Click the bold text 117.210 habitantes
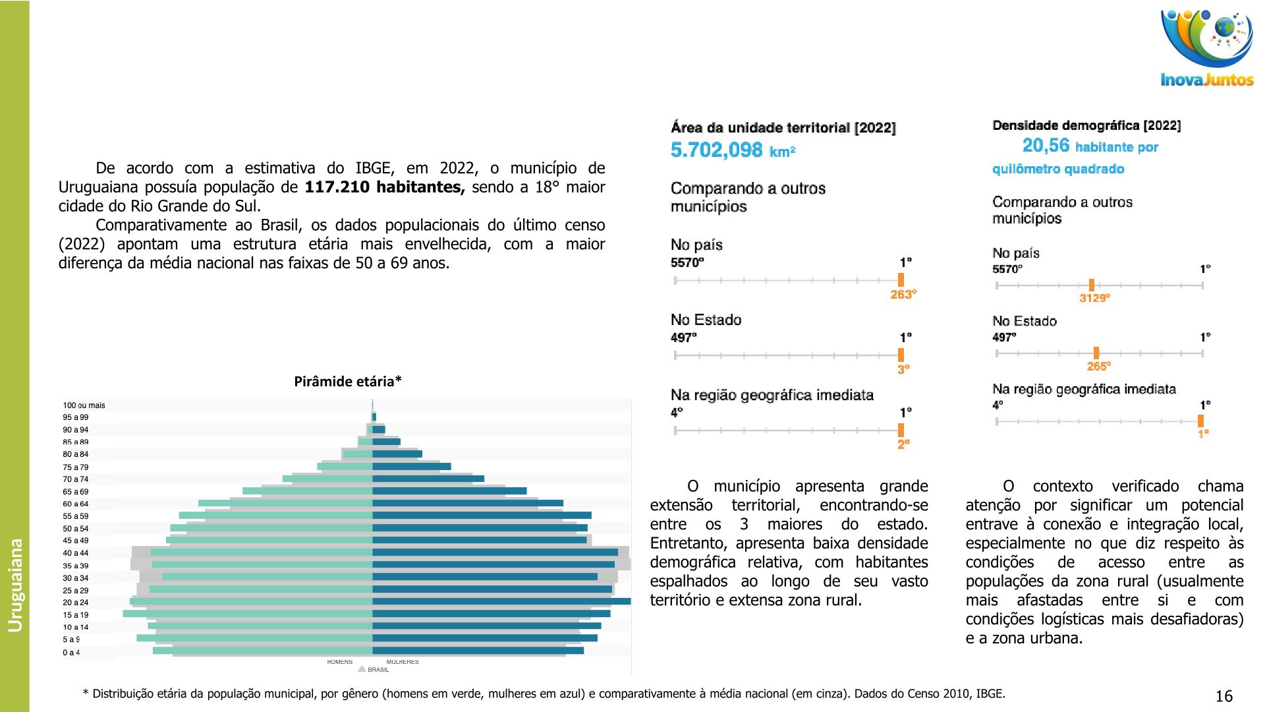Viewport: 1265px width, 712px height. (385, 187)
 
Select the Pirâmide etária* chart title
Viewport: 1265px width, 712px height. (348, 382)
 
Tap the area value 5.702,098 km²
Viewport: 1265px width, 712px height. (733, 150)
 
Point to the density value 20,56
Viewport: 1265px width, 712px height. (1046, 146)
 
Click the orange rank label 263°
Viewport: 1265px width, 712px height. (903, 295)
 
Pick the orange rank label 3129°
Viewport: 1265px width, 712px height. (1094, 298)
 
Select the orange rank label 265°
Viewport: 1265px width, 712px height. (1098, 366)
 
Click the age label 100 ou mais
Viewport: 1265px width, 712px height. (84, 405)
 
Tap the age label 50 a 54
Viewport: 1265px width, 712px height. (76, 529)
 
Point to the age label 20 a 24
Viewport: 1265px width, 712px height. (76, 603)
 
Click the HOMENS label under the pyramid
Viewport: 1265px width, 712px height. (340, 662)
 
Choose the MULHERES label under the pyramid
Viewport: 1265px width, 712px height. (403, 662)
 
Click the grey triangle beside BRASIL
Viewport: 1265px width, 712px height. (362, 669)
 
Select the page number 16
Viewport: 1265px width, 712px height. (1223, 696)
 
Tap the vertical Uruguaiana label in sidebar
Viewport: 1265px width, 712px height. (15, 585)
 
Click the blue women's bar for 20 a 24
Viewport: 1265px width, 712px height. (501, 601)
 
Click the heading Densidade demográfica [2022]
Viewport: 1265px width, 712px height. (1086, 125)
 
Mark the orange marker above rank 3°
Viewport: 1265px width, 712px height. (901, 355)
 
